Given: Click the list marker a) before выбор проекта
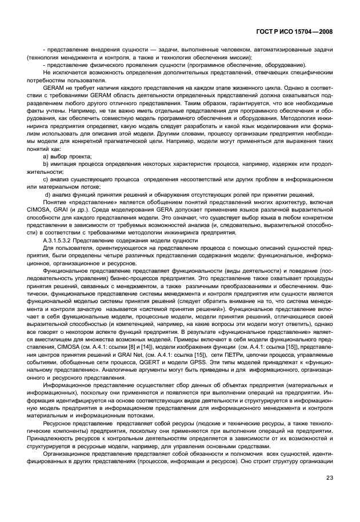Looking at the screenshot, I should [46, 156].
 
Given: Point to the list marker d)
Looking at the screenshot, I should [47, 196].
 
